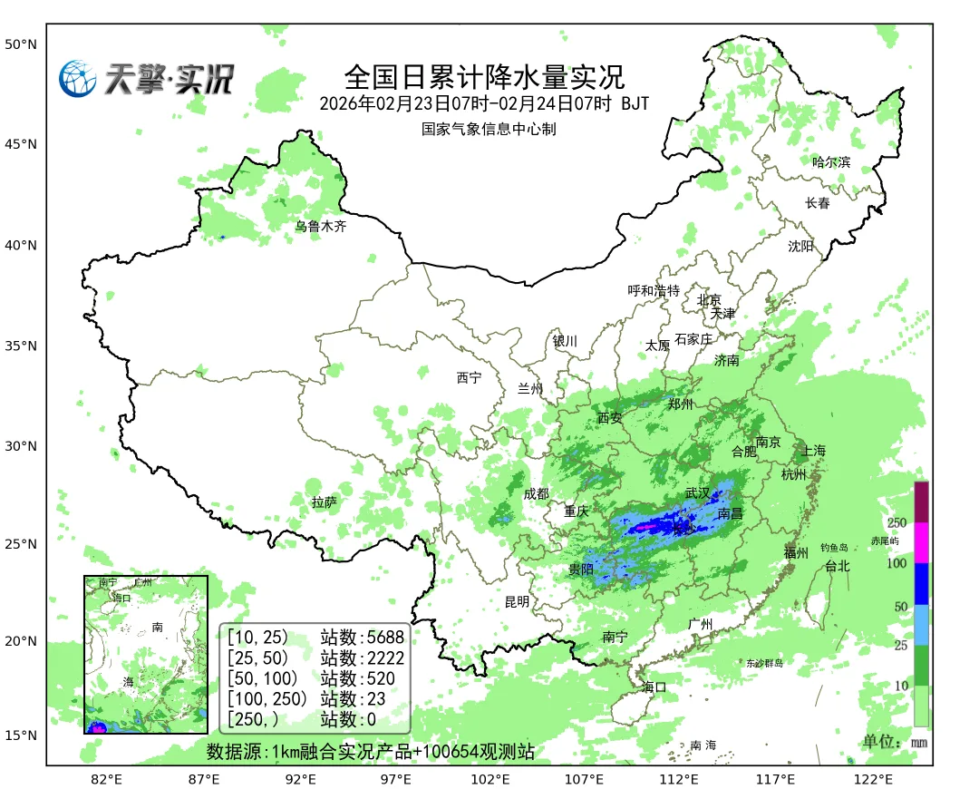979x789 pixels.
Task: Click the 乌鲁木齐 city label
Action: click(x=321, y=227)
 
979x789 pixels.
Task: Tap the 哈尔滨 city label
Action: click(x=831, y=162)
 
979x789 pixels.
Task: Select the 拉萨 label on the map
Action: click(x=325, y=502)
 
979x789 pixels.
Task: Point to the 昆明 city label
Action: click(x=518, y=601)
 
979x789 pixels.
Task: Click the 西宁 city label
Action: click(x=470, y=378)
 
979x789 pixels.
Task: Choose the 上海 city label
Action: click(x=814, y=451)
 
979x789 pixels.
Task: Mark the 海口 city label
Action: click(x=654, y=687)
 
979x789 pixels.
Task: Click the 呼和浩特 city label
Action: click(x=654, y=291)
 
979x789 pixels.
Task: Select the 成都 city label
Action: click(x=536, y=493)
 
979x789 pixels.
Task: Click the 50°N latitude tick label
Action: click(x=20, y=44)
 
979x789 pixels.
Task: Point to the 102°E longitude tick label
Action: click(x=489, y=779)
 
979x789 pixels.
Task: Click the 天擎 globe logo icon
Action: click(x=78, y=79)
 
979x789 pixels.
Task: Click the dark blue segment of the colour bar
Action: click(x=921, y=584)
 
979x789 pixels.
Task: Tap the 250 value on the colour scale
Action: click(x=897, y=523)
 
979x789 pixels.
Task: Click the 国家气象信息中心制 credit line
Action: click(x=488, y=129)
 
